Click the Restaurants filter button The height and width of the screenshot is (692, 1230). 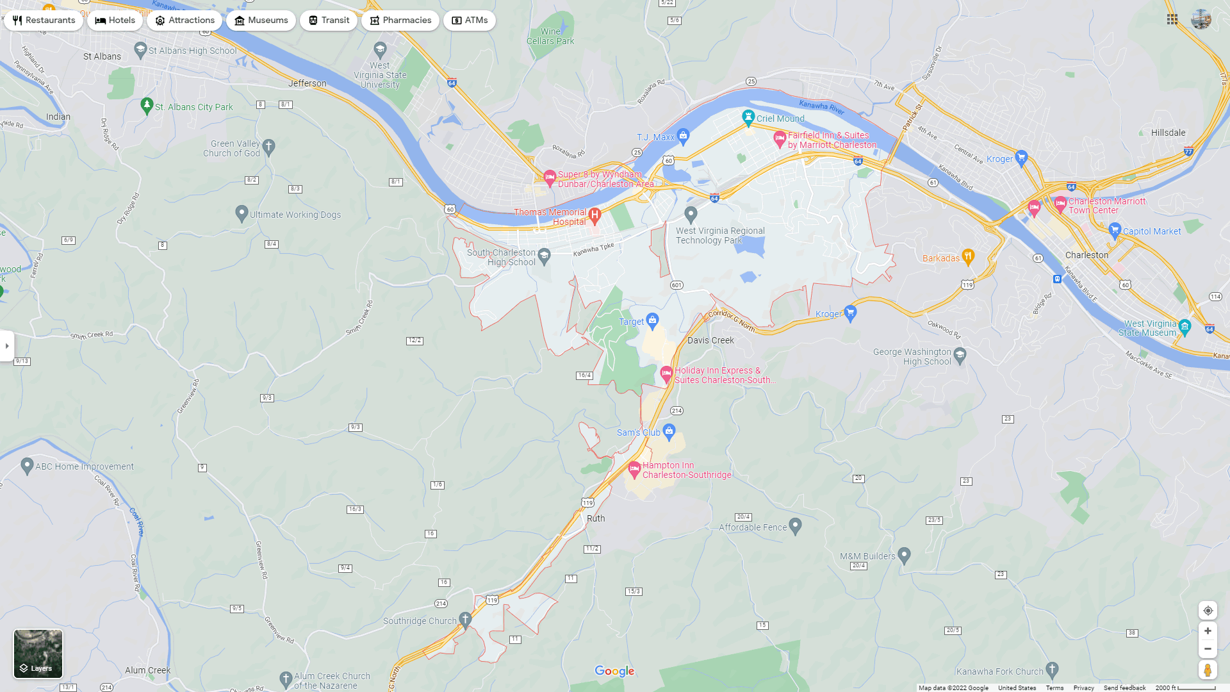click(x=44, y=21)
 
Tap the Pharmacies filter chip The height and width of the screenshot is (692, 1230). click(x=400, y=21)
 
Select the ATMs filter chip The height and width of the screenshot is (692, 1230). click(x=469, y=21)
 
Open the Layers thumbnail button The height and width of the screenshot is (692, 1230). click(x=38, y=653)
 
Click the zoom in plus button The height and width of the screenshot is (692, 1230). click(x=1208, y=631)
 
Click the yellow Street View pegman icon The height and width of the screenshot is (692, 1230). click(x=1208, y=670)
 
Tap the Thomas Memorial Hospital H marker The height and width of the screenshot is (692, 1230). click(x=594, y=215)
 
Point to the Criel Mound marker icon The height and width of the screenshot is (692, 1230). click(x=748, y=117)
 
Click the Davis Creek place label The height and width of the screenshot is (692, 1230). click(x=710, y=340)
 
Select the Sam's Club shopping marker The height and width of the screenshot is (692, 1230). click(x=669, y=431)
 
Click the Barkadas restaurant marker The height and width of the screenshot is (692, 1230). click(x=968, y=257)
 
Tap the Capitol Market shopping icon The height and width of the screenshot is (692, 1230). click(x=1115, y=230)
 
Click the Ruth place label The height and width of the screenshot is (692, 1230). click(x=596, y=518)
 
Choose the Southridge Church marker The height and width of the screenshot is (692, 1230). click(x=466, y=619)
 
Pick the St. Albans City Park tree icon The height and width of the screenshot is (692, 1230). click(x=147, y=105)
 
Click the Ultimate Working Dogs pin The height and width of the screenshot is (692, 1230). click(x=242, y=213)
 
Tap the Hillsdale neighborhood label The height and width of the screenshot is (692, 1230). click(x=1168, y=133)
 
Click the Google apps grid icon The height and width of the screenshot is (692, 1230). click(x=1172, y=20)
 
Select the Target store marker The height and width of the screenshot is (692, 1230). click(x=652, y=320)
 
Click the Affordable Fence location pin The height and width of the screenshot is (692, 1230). click(x=795, y=525)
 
